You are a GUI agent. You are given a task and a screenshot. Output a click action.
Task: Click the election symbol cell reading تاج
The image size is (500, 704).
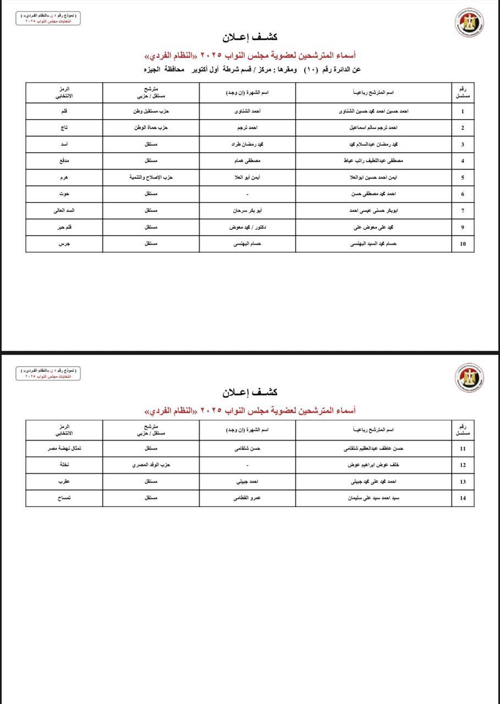point(64,128)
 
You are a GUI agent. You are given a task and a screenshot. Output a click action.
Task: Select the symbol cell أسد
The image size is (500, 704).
point(64,144)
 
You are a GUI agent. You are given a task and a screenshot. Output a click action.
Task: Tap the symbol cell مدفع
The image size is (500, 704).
point(64,161)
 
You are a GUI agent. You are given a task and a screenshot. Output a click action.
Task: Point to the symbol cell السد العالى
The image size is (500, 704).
point(64,210)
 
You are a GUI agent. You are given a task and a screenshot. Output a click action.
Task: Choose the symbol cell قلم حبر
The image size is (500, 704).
point(64,227)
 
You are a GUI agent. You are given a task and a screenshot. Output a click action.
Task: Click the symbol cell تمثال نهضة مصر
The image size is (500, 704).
point(64,448)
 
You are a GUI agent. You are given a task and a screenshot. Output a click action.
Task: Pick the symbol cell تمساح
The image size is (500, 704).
point(64,498)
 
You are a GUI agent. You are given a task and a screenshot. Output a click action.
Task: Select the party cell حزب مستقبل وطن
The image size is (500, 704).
point(151,111)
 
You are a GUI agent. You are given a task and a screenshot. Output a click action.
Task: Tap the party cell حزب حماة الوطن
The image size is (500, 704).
point(151,128)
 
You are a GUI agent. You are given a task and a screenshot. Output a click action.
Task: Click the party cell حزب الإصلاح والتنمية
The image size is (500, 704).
point(151,177)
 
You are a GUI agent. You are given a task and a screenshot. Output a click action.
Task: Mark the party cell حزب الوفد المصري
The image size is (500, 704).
point(151,465)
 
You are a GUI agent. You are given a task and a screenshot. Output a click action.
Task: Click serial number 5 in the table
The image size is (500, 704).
point(463,178)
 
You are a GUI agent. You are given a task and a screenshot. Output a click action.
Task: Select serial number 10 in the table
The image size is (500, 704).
point(463,244)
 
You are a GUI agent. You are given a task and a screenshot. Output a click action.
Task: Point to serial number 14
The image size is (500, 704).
point(463,498)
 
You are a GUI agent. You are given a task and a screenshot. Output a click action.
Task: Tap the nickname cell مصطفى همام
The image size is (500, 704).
point(247,161)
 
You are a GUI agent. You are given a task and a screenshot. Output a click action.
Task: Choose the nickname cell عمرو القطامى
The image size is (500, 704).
point(247,498)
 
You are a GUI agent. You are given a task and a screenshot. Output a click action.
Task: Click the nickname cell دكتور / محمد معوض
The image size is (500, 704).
point(247,227)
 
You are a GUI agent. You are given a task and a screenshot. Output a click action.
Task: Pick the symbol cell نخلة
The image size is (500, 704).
point(64,465)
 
